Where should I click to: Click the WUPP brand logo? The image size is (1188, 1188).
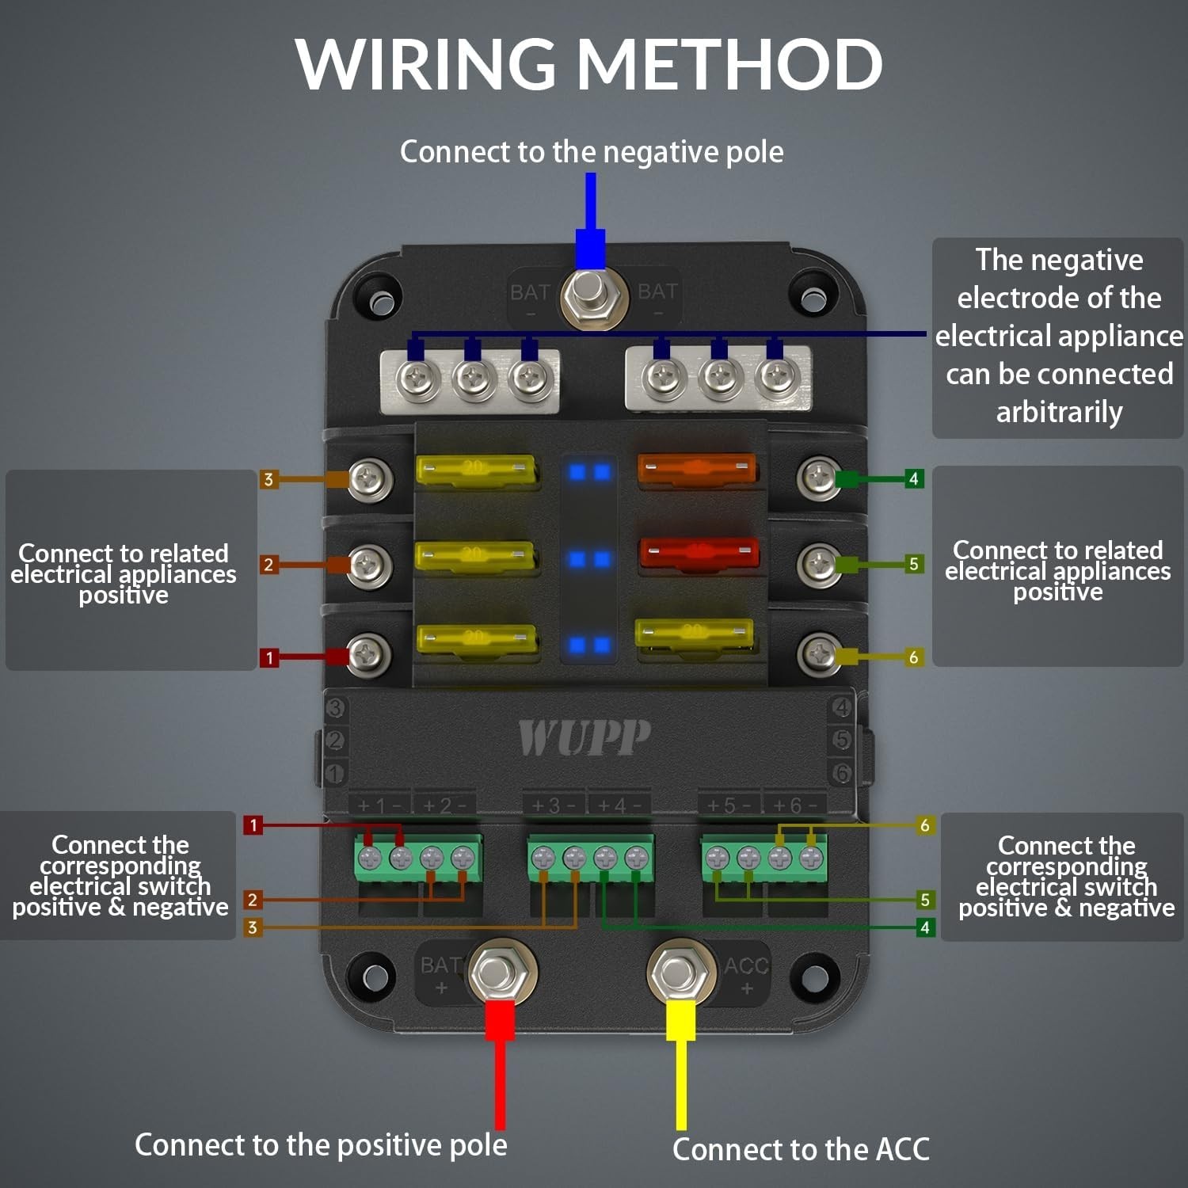(584, 737)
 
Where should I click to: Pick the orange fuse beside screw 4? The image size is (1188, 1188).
(696, 468)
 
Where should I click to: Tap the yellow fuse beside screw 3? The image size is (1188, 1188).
(475, 469)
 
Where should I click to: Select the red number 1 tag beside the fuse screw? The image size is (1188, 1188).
(269, 657)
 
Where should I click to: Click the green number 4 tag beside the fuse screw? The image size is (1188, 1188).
(913, 478)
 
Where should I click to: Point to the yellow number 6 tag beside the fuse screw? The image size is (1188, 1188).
(913, 657)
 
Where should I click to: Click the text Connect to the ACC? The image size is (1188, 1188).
(801, 1149)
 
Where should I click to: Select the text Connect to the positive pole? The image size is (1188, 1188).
(321, 1145)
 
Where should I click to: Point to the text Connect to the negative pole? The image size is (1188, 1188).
(592, 151)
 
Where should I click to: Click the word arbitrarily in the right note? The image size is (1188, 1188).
(1059, 412)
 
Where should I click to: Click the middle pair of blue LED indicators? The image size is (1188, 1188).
(589, 560)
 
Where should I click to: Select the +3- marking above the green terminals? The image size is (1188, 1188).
(554, 805)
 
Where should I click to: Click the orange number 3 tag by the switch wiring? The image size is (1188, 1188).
(253, 927)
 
